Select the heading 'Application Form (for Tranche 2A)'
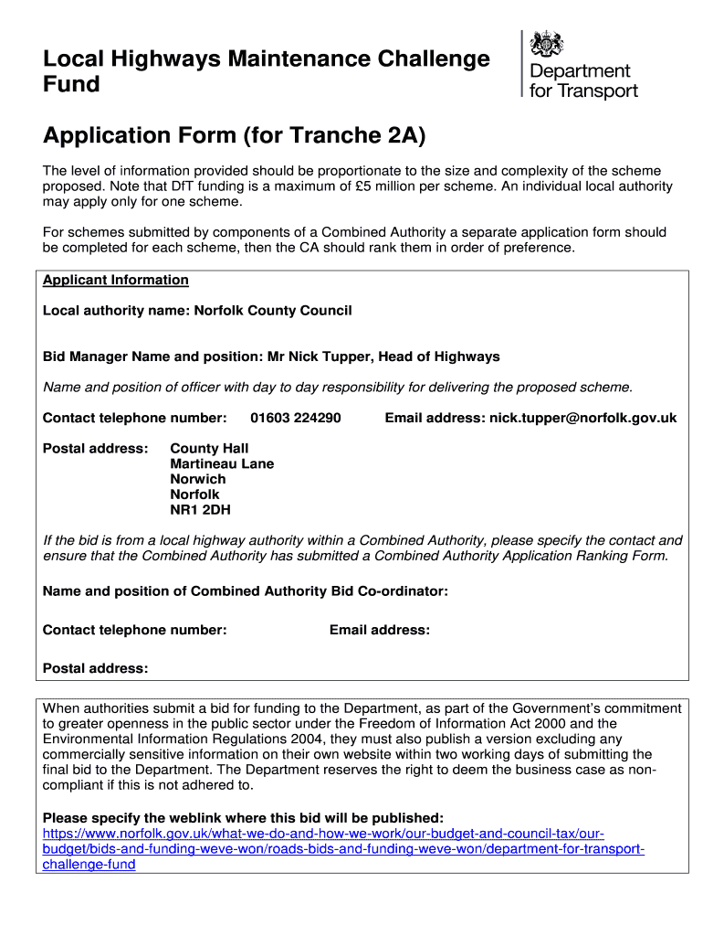pyautogui.click(x=234, y=136)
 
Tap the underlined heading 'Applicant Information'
pyautogui.click(x=116, y=280)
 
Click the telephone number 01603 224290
pyautogui.click(x=295, y=418)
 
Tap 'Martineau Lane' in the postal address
pyautogui.click(x=222, y=463)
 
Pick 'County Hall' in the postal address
pyautogui.click(x=209, y=448)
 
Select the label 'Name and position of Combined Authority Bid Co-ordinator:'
pyautogui.click(x=246, y=591)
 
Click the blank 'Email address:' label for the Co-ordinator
pyautogui.click(x=379, y=630)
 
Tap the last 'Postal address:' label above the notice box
pyautogui.click(x=95, y=668)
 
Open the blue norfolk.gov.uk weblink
pyautogui.click(x=343, y=849)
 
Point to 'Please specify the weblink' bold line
pyautogui.click(x=243, y=817)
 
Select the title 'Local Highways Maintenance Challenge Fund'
pyautogui.click(x=266, y=71)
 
